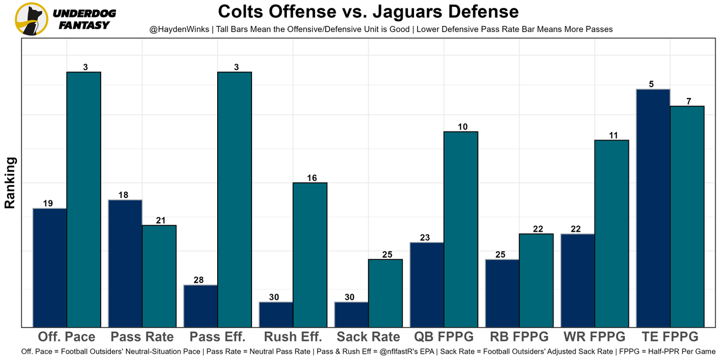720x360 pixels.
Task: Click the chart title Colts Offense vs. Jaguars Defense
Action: [368, 12]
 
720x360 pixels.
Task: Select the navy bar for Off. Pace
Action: [50, 267]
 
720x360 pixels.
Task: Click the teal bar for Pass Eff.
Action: [235, 199]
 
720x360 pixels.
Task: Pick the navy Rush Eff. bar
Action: [276, 314]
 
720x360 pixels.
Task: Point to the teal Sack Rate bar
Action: [385, 292]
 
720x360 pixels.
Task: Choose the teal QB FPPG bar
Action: [461, 229]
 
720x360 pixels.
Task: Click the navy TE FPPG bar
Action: [653, 208]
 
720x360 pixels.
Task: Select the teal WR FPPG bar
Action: [611, 233]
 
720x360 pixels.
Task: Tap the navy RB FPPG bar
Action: [502, 292]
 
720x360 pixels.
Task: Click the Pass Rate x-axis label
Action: [142, 337]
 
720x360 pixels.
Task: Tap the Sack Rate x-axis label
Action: [368, 337]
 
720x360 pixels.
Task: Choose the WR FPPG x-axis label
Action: [595, 337]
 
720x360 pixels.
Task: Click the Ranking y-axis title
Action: [10, 183]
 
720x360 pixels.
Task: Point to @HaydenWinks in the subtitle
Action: [177, 29]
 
